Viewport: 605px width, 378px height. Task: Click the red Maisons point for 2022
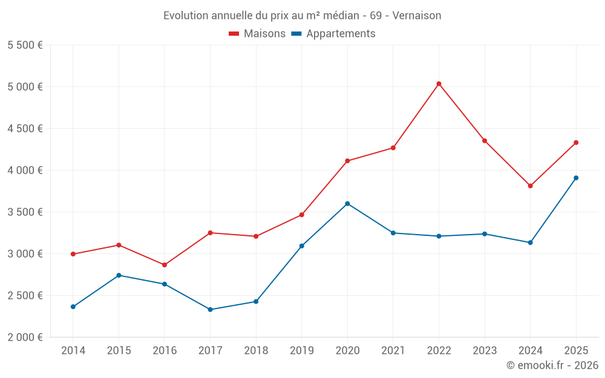coord(439,83)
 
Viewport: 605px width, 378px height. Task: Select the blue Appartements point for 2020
coord(347,204)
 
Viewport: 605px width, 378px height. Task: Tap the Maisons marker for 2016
coord(165,265)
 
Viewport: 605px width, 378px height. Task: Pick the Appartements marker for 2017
coord(210,310)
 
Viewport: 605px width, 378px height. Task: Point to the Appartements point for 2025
coord(576,178)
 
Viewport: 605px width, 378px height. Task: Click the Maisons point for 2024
coord(530,186)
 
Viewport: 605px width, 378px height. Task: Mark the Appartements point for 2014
coord(73,307)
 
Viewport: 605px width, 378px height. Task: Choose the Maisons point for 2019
coord(301,215)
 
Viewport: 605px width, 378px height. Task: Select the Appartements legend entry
coord(333,34)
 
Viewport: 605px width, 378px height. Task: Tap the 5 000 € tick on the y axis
coord(25,86)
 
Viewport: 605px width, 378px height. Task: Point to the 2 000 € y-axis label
coord(25,337)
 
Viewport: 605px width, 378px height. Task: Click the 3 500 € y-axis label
coord(25,212)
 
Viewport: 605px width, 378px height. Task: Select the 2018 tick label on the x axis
coord(256,350)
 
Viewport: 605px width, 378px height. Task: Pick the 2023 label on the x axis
coord(484,350)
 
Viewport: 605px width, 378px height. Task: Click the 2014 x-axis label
coord(73,350)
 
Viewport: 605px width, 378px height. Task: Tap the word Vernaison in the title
coord(416,15)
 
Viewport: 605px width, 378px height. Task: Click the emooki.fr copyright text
coord(552,365)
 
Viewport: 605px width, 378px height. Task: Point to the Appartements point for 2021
coord(393,233)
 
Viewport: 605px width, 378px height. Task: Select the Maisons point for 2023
coord(484,141)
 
